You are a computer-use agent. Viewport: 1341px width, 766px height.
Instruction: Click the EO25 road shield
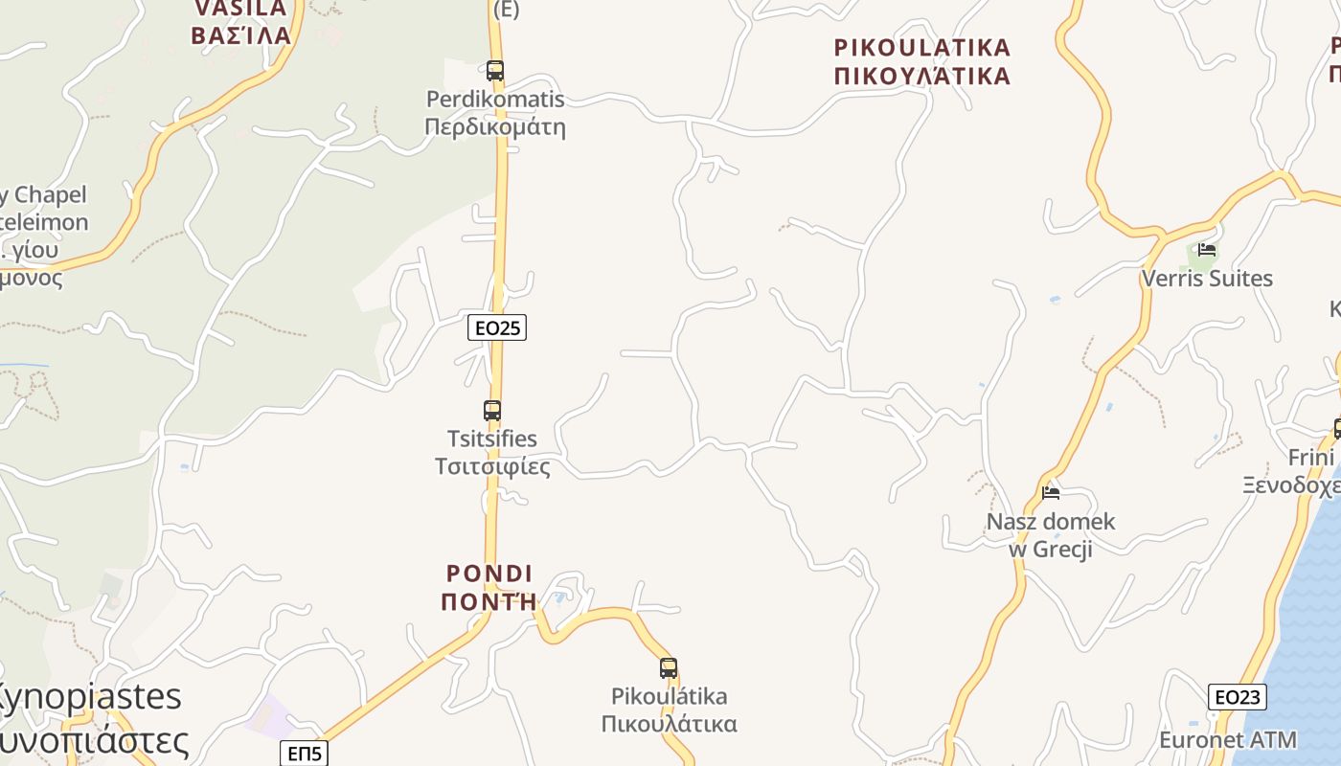pyautogui.click(x=497, y=327)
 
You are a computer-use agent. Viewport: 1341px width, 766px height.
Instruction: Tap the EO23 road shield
pyautogui.click(x=1237, y=697)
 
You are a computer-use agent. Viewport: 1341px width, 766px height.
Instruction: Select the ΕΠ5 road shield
pyautogui.click(x=305, y=754)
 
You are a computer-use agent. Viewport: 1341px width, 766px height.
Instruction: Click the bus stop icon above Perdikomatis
pyautogui.click(x=494, y=70)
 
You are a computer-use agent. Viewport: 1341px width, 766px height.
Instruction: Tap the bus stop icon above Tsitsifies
pyautogui.click(x=491, y=411)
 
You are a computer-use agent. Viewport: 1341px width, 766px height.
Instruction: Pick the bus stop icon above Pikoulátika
pyautogui.click(x=668, y=668)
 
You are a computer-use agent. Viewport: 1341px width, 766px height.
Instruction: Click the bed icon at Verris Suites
pyautogui.click(x=1207, y=250)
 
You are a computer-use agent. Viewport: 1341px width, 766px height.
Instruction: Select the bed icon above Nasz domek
pyautogui.click(x=1051, y=493)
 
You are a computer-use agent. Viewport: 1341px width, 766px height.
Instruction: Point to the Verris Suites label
pyautogui.click(x=1207, y=279)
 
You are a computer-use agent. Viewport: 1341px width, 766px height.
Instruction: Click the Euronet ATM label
pyautogui.click(x=1228, y=740)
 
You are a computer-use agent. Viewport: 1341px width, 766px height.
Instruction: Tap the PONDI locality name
pyautogui.click(x=489, y=574)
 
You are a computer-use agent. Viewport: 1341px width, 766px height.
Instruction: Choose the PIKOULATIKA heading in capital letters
pyautogui.click(x=922, y=48)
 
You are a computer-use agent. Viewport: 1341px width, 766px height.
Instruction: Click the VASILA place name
pyautogui.click(x=240, y=9)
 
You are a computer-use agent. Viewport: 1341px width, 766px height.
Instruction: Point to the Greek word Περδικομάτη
pyautogui.click(x=494, y=127)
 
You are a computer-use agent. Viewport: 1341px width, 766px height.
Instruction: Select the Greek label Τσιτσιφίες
pyautogui.click(x=492, y=466)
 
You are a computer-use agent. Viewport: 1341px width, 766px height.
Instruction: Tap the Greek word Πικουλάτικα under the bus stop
pyautogui.click(x=669, y=723)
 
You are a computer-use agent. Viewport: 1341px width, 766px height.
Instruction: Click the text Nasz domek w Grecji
pyautogui.click(x=1051, y=535)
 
